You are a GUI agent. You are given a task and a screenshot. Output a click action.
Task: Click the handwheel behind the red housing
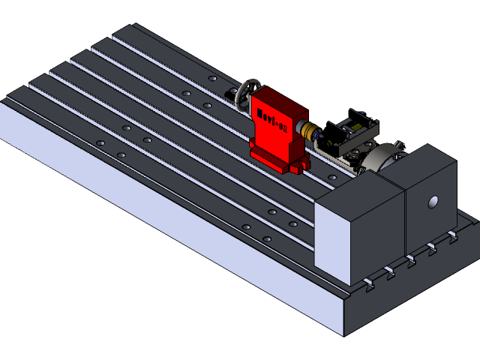tap(245, 96)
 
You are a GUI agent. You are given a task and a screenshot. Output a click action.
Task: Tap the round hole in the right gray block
tap(433, 202)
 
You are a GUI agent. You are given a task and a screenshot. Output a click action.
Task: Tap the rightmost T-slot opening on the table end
tap(453, 237)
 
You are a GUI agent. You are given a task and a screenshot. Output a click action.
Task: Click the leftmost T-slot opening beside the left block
tap(368, 283)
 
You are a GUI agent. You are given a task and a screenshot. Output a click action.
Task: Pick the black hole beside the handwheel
tap(231, 94)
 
